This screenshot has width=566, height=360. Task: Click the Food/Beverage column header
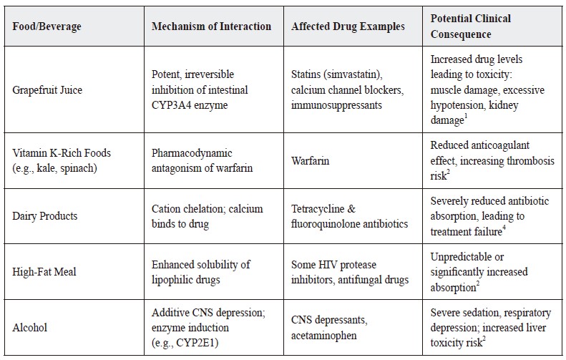[47, 26]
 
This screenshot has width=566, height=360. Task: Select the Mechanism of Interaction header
[211, 26]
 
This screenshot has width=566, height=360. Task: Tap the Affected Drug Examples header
[348, 26]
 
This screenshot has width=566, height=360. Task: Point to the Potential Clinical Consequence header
[470, 26]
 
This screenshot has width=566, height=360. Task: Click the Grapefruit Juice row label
[47, 89]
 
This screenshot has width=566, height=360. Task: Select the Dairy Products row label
[45, 216]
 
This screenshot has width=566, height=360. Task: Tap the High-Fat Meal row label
[44, 271]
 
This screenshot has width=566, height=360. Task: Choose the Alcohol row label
[29, 328]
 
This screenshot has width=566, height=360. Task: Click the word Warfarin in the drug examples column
[310, 160]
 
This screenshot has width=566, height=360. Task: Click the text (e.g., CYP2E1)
[185, 343]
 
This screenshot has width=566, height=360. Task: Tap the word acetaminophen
[324, 336]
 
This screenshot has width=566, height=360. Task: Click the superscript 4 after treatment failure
[504, 228]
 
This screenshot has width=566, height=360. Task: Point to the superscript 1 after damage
[466, 116]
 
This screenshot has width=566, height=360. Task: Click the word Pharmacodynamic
[192, 153]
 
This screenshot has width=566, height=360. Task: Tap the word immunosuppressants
[336, 105]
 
